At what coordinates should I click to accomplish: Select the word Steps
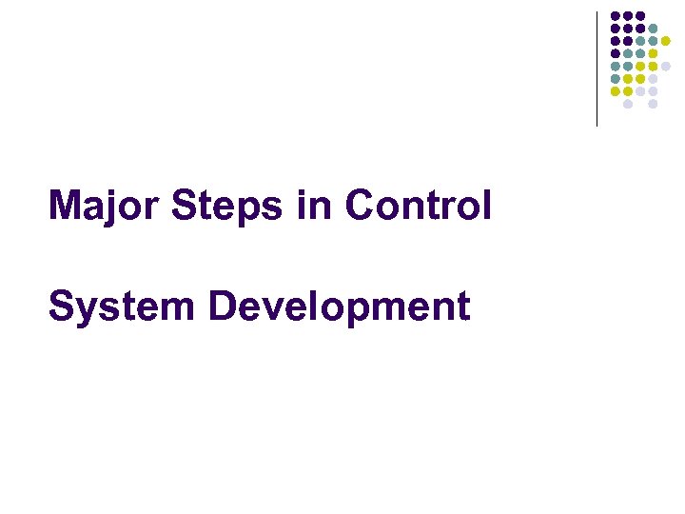pos(234,206)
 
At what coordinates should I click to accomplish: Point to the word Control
pos(419,206)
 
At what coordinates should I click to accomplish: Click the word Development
pos(339,306)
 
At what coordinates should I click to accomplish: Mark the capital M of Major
pos(64,206)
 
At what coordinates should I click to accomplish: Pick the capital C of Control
pos(361,206)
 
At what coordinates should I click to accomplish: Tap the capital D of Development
pos(222,306)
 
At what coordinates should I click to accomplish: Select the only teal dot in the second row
pos(653,29)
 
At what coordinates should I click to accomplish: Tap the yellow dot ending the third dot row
pos(666,41)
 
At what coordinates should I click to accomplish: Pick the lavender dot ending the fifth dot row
pos(666,66)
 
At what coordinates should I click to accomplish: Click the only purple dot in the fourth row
pos(616,53)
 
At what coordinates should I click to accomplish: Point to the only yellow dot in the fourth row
pos(653,53)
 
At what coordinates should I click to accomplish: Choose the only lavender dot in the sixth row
pos(653,79)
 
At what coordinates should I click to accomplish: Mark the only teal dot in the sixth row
pos(616,79)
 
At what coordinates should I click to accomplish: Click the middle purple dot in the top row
pos(628,15)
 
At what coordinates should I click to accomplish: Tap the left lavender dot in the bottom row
pos(628,104)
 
